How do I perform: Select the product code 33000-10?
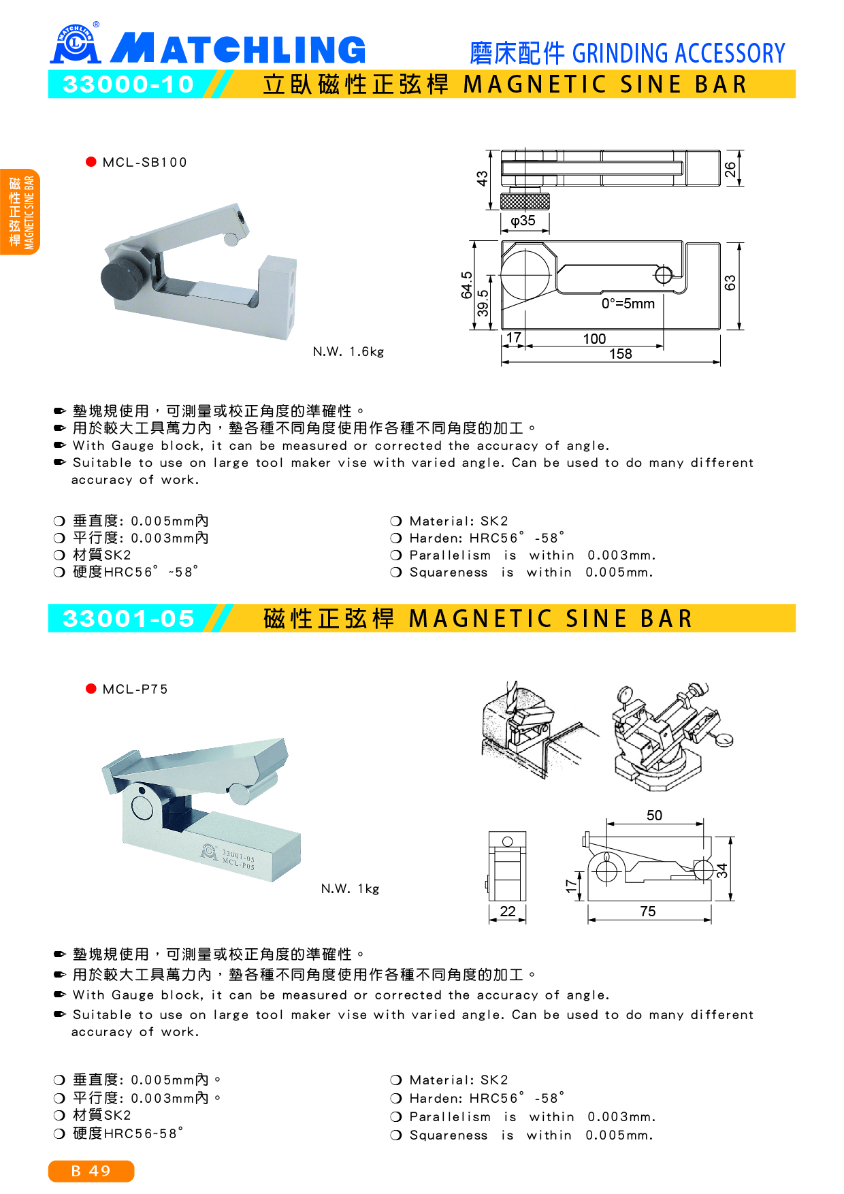pos(128,84)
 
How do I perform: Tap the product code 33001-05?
pos(128,618)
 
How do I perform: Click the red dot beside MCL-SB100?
pos(91,161)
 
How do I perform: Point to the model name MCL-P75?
pos(135,689)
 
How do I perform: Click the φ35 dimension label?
pos(523,221)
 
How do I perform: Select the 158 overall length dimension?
pos(620,354)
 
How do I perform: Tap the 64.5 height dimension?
pos(466,285)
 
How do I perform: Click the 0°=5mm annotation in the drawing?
pos(628,304)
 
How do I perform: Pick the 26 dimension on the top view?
pos(730,169)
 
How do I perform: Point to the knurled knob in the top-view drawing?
pos(525,201)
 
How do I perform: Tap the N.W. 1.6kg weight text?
pos(348,351)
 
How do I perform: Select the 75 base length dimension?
pos(648,911)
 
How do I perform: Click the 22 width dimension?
pos(508,911)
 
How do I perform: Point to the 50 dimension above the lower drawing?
pos(654,815)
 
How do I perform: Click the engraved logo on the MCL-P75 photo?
pos(209,851)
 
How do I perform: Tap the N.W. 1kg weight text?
pos(350,888)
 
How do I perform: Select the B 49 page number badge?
pos(91,1171)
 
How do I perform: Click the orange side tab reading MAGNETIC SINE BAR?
pos(20,212)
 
